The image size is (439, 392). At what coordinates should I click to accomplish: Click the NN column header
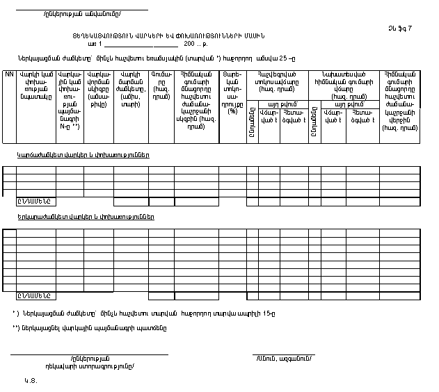pos(10,73)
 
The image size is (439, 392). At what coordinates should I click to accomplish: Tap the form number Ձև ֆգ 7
pos(401,28)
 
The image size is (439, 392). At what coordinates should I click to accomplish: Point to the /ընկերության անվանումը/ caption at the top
pos(81,15)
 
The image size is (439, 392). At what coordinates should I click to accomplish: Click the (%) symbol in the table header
pos(232,111)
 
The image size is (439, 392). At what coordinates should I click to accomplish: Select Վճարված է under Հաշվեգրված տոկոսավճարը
pos(269,117)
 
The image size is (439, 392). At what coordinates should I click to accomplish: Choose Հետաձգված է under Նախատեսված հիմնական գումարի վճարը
pos(362,117)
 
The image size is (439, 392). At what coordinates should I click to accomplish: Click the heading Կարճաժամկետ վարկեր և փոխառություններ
pos(83,154)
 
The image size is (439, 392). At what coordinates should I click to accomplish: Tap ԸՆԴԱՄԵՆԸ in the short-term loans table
pos(35,202)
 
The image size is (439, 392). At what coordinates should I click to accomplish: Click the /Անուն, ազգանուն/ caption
pos(283,359)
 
